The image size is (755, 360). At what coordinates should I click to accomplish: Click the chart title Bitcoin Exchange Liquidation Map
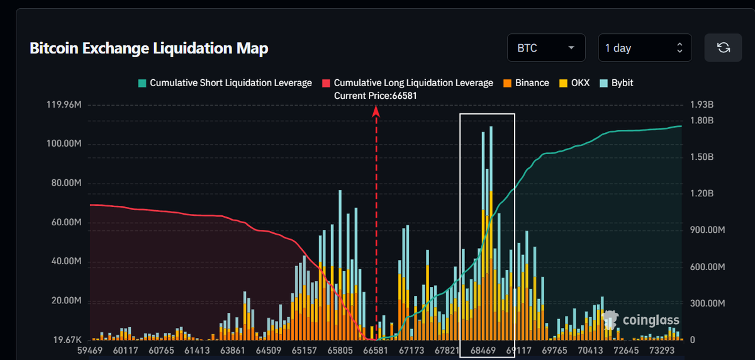point(149,48)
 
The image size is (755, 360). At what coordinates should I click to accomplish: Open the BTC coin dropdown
point(545,48)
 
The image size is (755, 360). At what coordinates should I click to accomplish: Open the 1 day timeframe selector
point(644,48)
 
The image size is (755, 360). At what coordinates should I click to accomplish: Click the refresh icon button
point(723,48)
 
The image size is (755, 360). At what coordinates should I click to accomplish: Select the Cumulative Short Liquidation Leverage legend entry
point(225,82)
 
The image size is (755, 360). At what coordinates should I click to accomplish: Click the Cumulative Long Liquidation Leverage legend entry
point(408,82)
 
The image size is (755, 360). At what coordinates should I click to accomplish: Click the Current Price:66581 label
point(375,95)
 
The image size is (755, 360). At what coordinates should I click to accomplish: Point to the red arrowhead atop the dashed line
point(376,111)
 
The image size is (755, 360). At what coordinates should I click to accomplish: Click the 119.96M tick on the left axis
point(64,104)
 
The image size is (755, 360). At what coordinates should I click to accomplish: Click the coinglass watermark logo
point(642,320)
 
